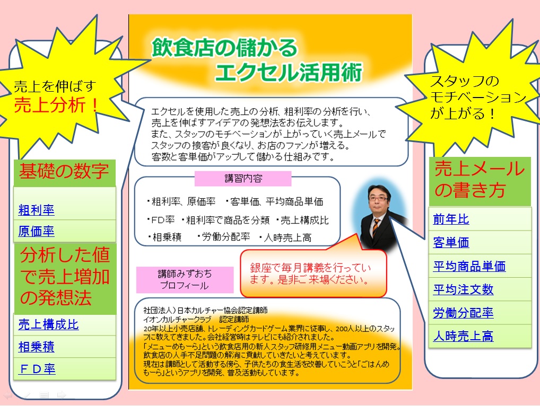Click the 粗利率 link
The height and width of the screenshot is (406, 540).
[36, 210]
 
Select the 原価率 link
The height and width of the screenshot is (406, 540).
[36, 231]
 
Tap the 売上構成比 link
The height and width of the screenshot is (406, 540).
[49, 324]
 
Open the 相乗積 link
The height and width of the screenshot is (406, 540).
[36, 347]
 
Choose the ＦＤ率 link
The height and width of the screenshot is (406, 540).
[37, 369]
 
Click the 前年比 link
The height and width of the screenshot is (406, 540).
[451, 219]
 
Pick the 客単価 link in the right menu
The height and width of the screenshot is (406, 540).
[451, 243]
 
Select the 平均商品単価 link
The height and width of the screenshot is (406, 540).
[469, 266]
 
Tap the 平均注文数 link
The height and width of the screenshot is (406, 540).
[463, 289]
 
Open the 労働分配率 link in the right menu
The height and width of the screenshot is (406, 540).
[463, 313]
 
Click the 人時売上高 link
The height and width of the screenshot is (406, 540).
[463, 336]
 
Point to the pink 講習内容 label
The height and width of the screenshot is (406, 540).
[243, 179]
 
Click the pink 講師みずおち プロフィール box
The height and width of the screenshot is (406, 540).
[185, 280]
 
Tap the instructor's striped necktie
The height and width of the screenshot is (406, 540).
[376, 227]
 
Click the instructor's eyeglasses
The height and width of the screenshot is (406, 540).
[378, 199]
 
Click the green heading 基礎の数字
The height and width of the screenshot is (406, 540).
[64, 171]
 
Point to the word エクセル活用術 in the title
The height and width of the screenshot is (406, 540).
[289, 72]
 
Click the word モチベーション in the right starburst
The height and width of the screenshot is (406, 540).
[478, 98]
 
